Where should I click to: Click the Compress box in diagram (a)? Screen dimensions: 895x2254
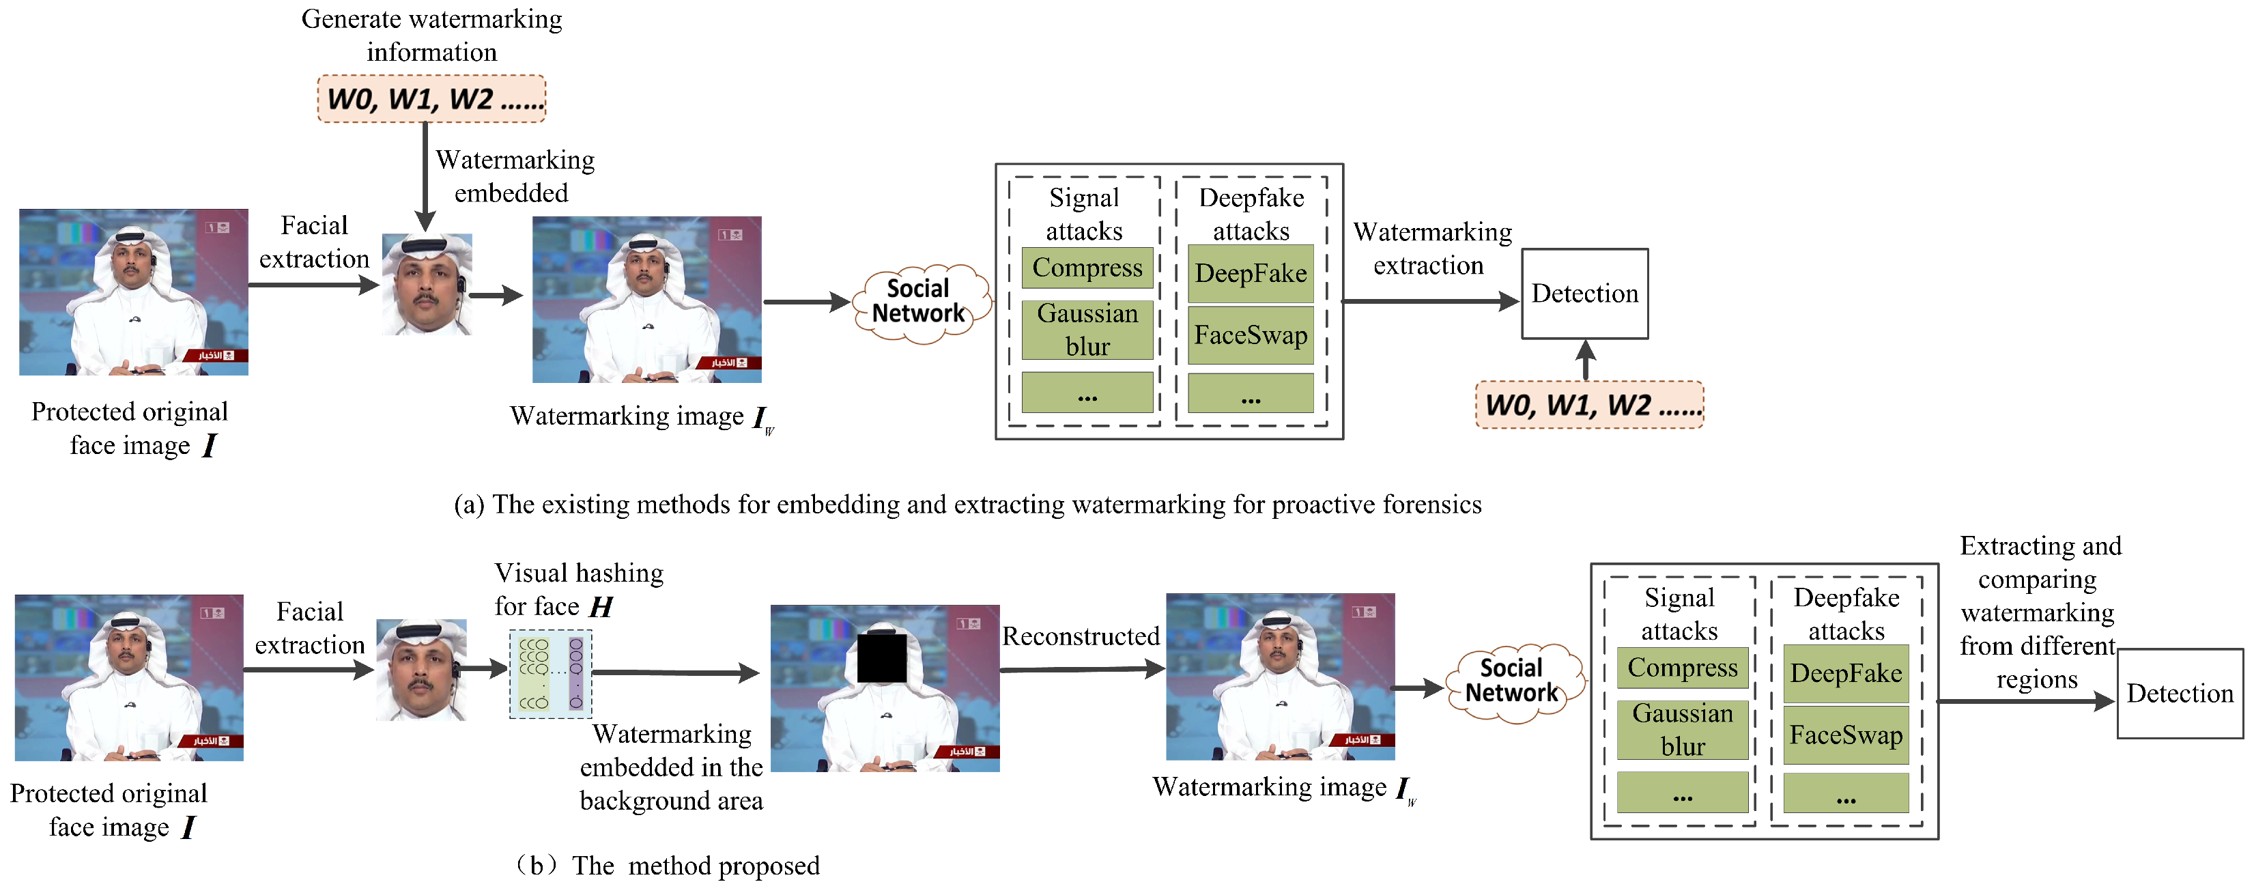click(x=1087, y=268)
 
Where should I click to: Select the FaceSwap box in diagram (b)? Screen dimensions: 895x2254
click(x=1845, y=735)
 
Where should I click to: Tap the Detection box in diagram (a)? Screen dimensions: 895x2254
click(x=1584, y=294)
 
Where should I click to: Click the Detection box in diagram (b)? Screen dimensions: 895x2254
click(x=2180, y=694)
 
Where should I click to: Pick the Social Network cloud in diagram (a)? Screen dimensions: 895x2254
click(x=919, y=302)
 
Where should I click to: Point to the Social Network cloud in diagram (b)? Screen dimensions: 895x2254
click(x=1513, y=681)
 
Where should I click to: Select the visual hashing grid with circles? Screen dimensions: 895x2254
click(x=550, y=674)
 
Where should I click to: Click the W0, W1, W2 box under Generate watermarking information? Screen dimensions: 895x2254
click(x=431, y=99)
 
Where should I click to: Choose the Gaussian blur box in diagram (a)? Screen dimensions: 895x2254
click(x=1087, y=330)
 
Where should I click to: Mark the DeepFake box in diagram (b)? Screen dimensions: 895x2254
click(x=1845, y=674)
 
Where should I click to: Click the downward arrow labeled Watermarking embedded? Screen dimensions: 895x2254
click(x=425, y=175)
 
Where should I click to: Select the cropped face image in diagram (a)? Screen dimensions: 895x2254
click(x=427, y=284)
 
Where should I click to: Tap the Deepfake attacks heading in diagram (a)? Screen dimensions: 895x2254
click(x=1251, y=214)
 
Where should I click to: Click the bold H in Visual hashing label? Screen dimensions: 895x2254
click(x=601, y=606)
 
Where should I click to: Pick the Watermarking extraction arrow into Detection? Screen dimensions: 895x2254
click(x=1429, y=302)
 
